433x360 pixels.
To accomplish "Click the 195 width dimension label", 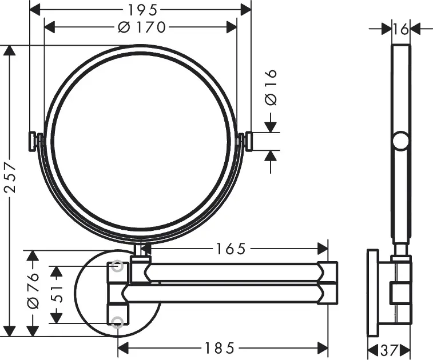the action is click(142, 10).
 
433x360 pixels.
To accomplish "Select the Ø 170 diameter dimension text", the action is click(142, 27).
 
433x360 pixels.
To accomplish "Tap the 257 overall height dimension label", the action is click(10, 176).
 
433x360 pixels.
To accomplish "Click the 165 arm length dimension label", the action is click(231, 249).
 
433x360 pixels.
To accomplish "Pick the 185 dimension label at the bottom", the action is click(219, 348).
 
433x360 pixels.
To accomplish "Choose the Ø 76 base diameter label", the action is click(33, 290).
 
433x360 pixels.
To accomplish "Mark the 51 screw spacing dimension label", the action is click(57, 294).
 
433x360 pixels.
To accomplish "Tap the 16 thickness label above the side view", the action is click(401, 29).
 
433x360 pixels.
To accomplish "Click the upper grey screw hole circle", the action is click(117, 266).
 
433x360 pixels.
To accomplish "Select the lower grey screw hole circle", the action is click(117, 322).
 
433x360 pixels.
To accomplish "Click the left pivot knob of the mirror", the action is click(32, 141).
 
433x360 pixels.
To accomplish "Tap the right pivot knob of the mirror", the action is click(248, 142).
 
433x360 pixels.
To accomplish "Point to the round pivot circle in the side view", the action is click(401, 141).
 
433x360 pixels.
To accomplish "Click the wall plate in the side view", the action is click(373, 293).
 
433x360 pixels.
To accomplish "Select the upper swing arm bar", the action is click(233, 272).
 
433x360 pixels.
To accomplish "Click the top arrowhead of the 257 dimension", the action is click(10, 50).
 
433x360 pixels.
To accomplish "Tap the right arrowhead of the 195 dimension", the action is click(245, 10).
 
